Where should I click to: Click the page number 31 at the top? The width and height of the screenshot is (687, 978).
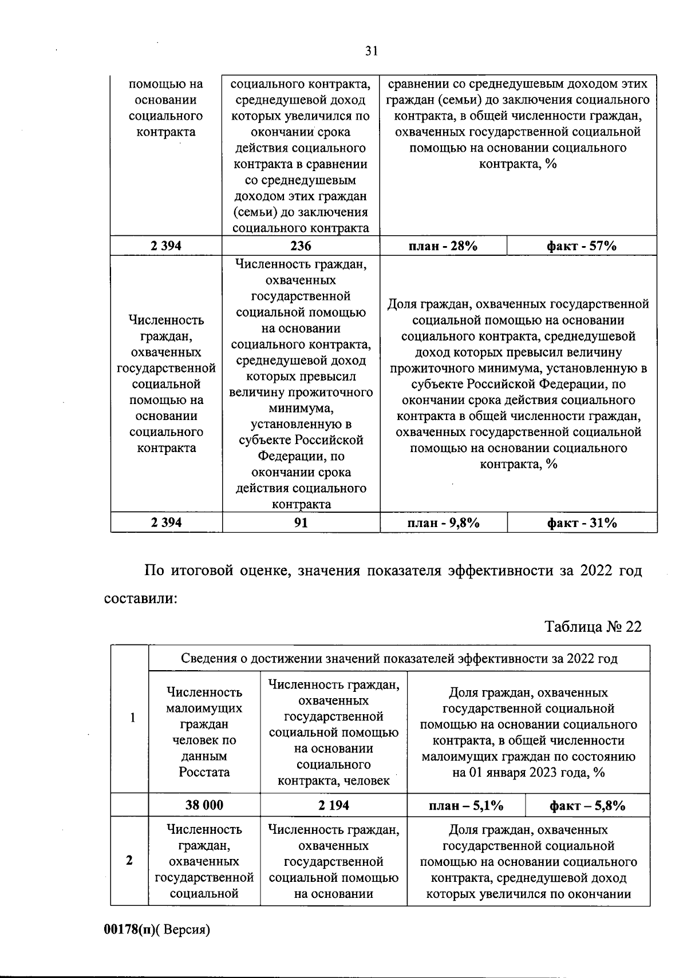click(x=372, y=52)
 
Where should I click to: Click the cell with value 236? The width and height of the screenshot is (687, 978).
click(x=301, y=246)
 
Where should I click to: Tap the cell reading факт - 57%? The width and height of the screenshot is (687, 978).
click(x=582, y=246)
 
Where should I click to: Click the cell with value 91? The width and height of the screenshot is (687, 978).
click(x=301, y=522)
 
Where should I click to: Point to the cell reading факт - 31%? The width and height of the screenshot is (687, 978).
click(x=582, y=522)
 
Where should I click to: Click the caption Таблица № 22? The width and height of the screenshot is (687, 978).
click(x=593, y=627)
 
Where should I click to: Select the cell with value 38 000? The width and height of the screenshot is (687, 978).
click(x=204, y=805)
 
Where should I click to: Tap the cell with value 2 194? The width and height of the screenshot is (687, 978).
click(x=334, y=805)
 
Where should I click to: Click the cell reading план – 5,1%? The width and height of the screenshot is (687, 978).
click(x=466, y=806)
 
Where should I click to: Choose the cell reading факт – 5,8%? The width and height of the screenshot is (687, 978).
click(x=587, y=806)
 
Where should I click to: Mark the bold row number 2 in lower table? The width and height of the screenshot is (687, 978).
click(x=129, y=860)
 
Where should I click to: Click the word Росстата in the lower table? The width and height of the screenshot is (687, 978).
click(x=204, y=772)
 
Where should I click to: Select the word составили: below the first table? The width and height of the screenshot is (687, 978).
click(x=140, y=599)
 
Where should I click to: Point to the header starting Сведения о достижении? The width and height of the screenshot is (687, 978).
click(x=399, y=658)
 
